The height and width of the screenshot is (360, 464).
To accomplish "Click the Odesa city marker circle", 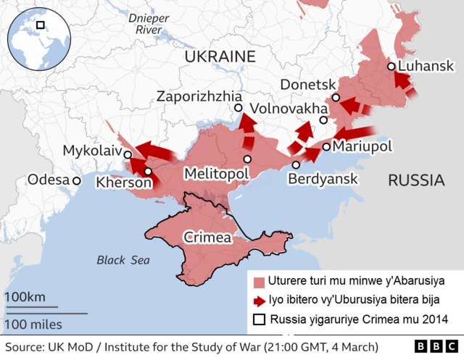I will (x=76, y=180).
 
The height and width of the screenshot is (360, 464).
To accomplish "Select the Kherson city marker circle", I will (x=148, y=172).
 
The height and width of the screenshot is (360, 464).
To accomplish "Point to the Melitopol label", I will (x=217, y=174).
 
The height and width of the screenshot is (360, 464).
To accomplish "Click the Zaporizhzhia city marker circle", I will (x=238, y=108).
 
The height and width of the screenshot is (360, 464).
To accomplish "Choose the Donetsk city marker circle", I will (x=336, y=98).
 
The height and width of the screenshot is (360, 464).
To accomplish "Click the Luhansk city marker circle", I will (x=391, y=66).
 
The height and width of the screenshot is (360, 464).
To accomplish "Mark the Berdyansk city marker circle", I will (x=296, y=165).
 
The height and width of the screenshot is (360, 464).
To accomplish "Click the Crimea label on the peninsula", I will (x=207, y=237).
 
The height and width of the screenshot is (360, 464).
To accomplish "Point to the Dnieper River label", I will (x=144, y=24).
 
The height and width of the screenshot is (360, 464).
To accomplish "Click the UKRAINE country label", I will (x=220, y=56).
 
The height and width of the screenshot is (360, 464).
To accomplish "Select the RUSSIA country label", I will (x=416, y=180).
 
